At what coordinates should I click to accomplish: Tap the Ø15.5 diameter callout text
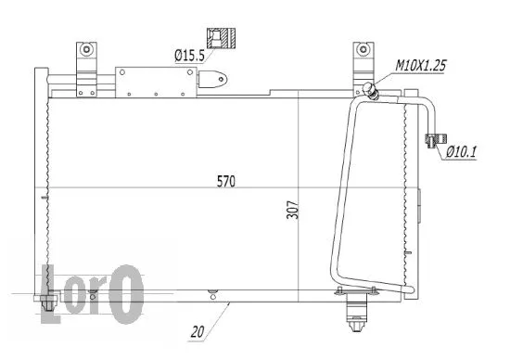click(190, 57)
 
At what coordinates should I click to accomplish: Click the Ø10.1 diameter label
click(461, 151)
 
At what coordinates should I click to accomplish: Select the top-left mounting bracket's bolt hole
click(85, 48)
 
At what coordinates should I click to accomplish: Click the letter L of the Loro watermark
click(55, 288)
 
